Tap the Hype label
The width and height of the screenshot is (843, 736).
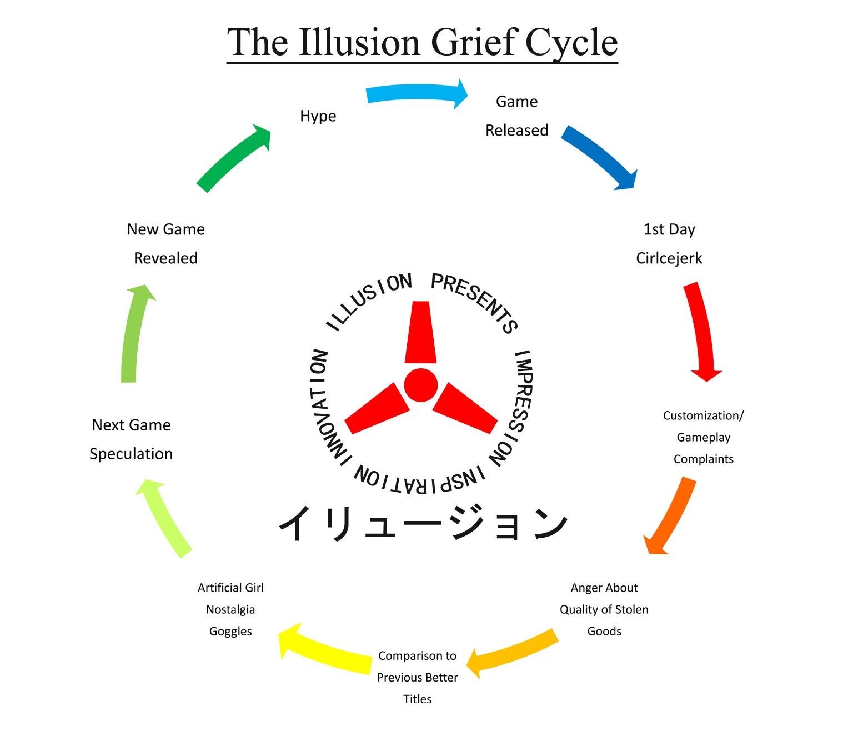(x=318, y=116)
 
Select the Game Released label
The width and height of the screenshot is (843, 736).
(x=516, y=116)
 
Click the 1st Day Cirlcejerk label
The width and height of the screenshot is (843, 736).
(x=669, y=244)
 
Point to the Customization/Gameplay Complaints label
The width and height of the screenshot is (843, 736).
(x=703, y=437)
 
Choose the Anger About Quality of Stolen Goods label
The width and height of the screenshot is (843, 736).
(x=604, y=609)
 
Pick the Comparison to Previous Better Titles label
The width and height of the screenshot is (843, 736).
(x=417, y=677)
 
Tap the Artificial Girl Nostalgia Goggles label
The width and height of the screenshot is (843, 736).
(x=230, y=609)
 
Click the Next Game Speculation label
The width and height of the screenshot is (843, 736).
(x=131, y=439)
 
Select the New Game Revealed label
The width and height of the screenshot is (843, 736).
(x=165, y=244)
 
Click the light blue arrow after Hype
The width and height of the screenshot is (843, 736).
(x=417, y=93)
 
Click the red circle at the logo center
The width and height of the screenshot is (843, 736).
(x=420, y=385)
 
